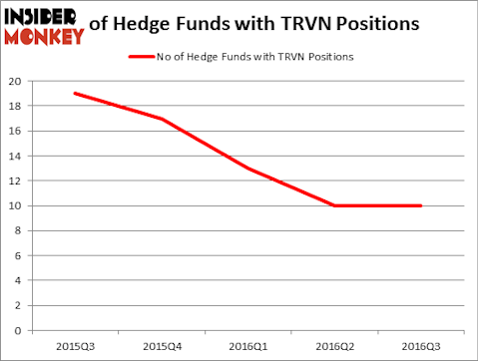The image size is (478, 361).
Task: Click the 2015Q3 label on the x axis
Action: (x=74, y=345)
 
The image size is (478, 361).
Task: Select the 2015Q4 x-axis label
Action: (x=161, y=345)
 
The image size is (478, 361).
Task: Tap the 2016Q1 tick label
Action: (x=247, y=345)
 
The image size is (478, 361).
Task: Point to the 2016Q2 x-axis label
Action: (x=334, y=345)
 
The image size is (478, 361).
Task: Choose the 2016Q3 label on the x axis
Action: (x=421, y=345)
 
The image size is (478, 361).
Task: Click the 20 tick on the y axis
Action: (x=14, y=81)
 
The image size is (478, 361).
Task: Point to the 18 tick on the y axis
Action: (x=14, y=106)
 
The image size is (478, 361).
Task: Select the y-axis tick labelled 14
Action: (x=14, y=156)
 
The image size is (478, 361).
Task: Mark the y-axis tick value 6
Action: (x=17, y=255)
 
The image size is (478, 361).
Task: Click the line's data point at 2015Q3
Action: (x=74, y=93)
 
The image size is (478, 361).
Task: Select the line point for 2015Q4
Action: (x=161, y=119)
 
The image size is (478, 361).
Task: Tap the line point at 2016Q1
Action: (x=247, y=169)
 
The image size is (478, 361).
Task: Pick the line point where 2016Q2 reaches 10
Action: (x=334, y=205)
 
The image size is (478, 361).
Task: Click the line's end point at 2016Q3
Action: (x=421, y=205)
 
